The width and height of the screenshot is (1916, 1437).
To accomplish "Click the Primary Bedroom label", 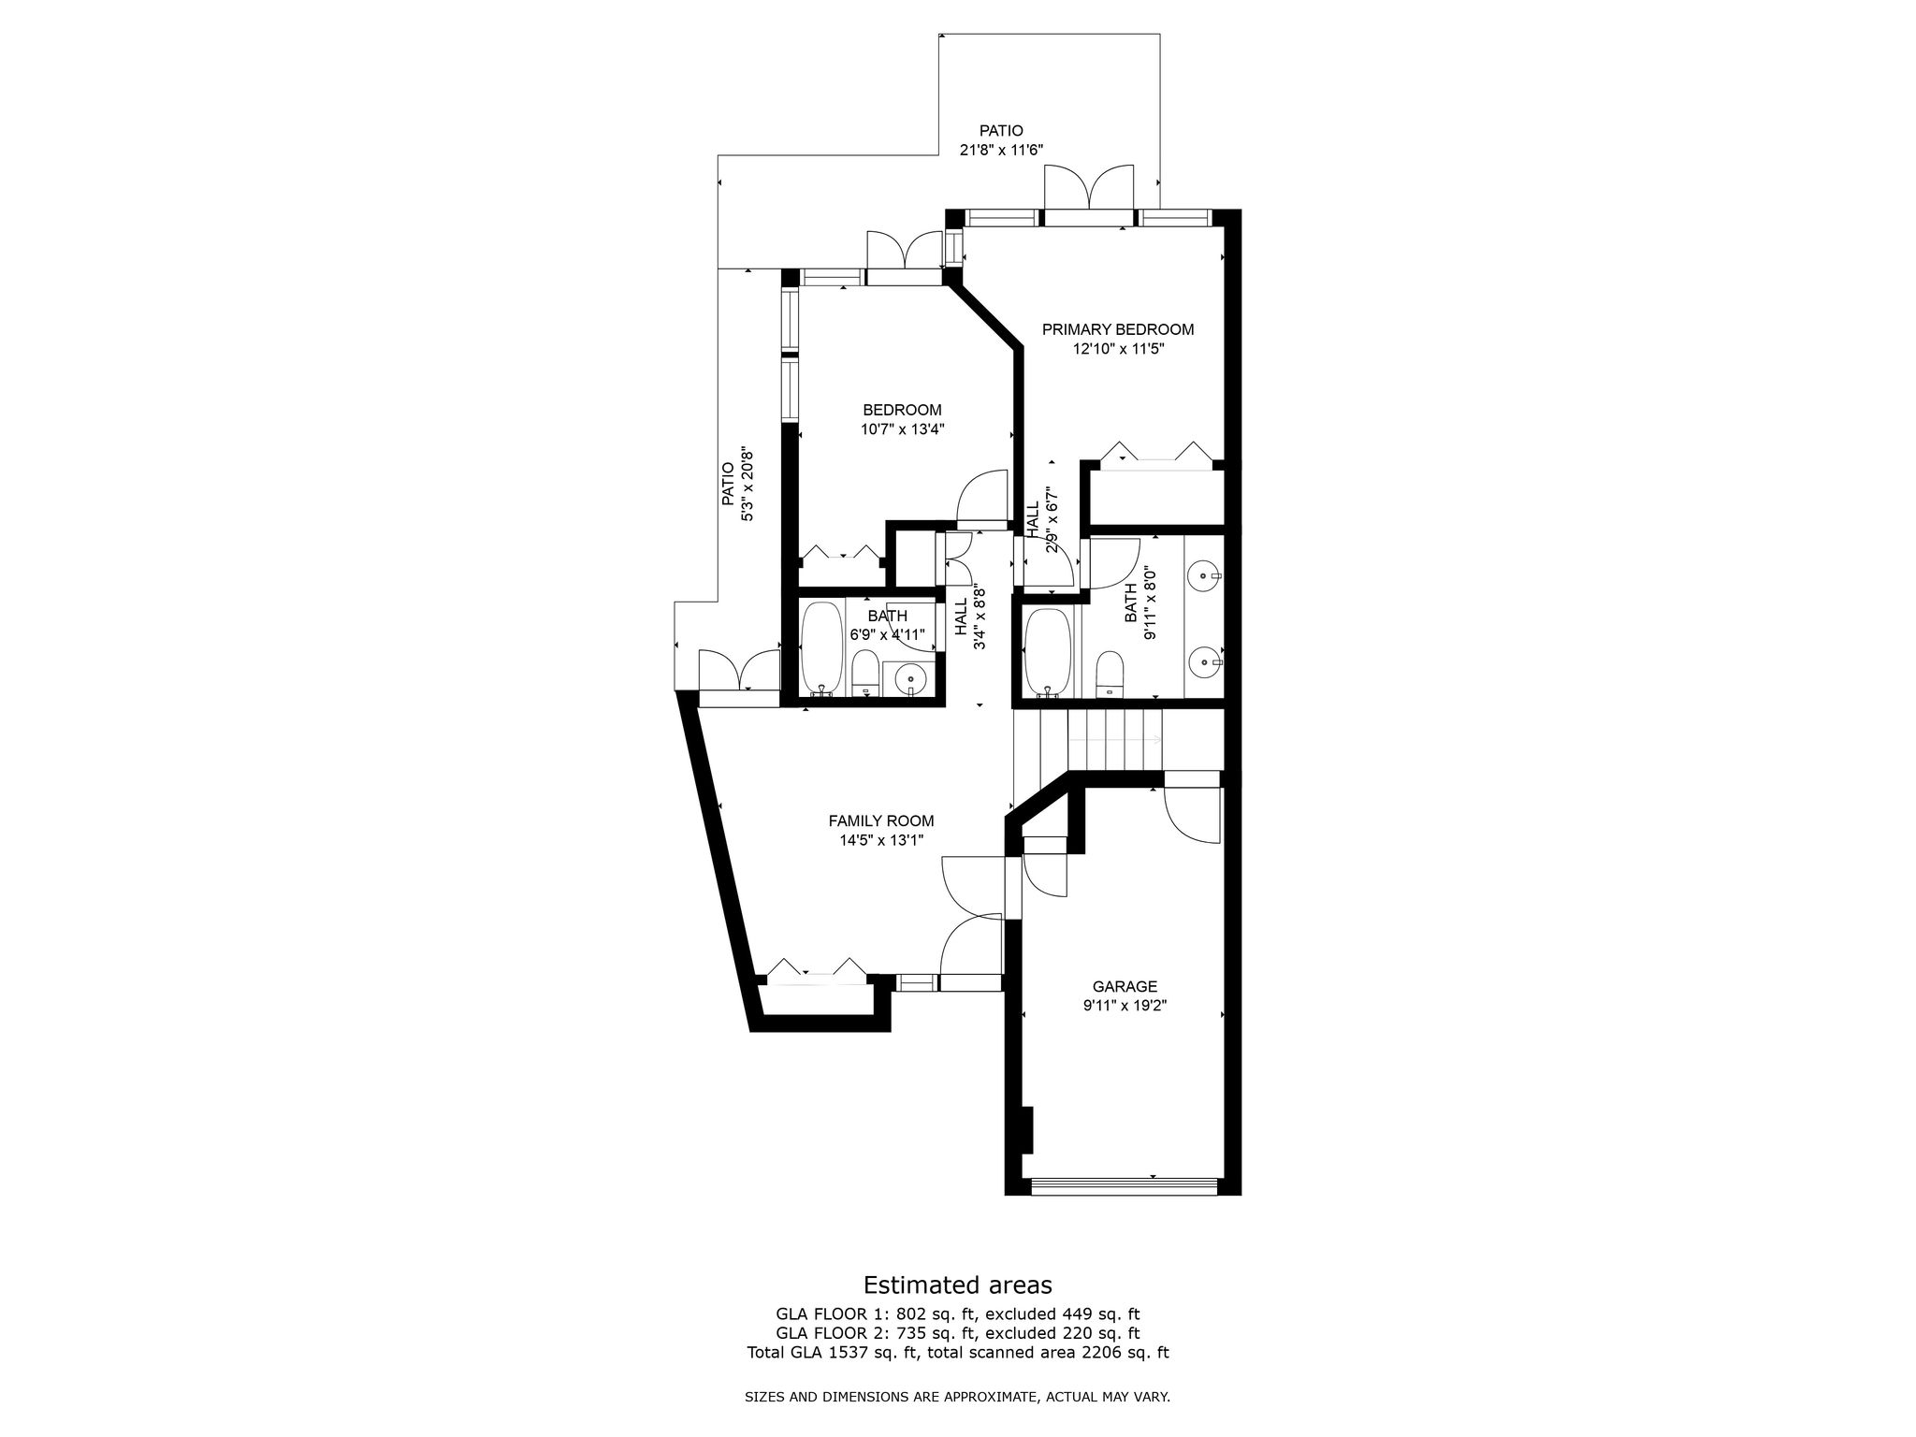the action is [1118, 329].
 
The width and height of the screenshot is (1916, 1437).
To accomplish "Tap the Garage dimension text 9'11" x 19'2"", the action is [1125, 1006].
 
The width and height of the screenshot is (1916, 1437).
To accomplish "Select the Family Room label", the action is [881, 821].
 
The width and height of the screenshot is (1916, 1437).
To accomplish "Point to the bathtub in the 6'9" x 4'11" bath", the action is [822, 649].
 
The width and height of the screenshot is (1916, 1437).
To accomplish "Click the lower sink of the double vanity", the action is [1204, 662].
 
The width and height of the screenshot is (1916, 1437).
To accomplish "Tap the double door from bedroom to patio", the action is [904, 250].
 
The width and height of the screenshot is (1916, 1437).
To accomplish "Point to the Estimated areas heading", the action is [958, 1285].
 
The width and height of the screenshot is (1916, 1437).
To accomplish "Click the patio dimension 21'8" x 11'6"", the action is [1001, 150].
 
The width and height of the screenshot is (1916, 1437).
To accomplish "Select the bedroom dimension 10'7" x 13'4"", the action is [903, 429].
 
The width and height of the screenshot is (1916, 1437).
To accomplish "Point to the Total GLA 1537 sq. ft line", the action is [958, 1352].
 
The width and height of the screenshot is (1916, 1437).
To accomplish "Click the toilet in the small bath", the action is [865, 674].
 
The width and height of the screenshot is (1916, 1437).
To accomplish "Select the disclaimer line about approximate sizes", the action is [958, 1398].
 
